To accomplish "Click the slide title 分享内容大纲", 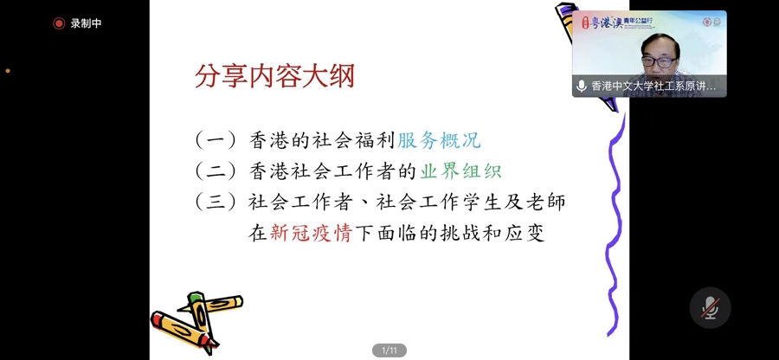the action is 274,77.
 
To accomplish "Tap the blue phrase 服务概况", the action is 439,141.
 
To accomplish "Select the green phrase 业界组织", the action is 460,171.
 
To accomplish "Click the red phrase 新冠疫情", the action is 311,233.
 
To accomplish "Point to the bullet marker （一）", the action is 216,141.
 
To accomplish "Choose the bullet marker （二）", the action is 216,171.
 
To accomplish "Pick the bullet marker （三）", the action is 216,202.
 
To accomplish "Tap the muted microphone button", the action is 710,308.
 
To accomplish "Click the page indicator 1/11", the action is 389,350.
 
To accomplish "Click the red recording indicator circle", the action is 59,23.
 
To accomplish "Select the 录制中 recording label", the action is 86,23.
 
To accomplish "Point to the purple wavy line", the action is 615,224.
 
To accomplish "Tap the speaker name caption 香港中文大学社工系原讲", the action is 653,86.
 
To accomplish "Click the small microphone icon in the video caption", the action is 582,86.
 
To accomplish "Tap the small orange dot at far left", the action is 8,71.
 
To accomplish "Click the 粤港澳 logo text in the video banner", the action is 606,22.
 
